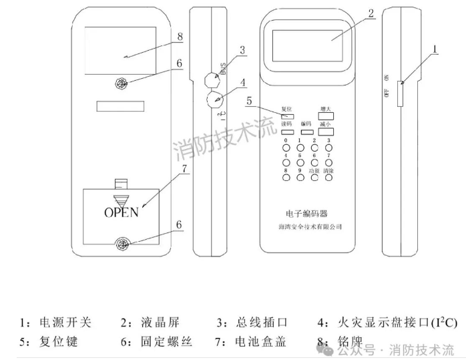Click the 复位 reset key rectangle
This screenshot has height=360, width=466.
tap(288, 116)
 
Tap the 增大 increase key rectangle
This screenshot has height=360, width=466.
tap(326, 116)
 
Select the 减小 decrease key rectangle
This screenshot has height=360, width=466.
tap(326, 133)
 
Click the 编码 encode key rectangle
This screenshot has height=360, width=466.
tap(306, 133)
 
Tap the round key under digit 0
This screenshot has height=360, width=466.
tap(286, 148)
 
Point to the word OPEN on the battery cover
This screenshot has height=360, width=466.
tap(121, 212)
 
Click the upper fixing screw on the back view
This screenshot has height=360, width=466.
tap(122, 84)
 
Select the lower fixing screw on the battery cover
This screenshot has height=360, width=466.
tap(122, 244)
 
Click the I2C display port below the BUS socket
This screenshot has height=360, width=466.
tap(214, 101)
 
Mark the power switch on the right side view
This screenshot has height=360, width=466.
tap(400, 94)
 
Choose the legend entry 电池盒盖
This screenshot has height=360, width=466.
tap(260, 342)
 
